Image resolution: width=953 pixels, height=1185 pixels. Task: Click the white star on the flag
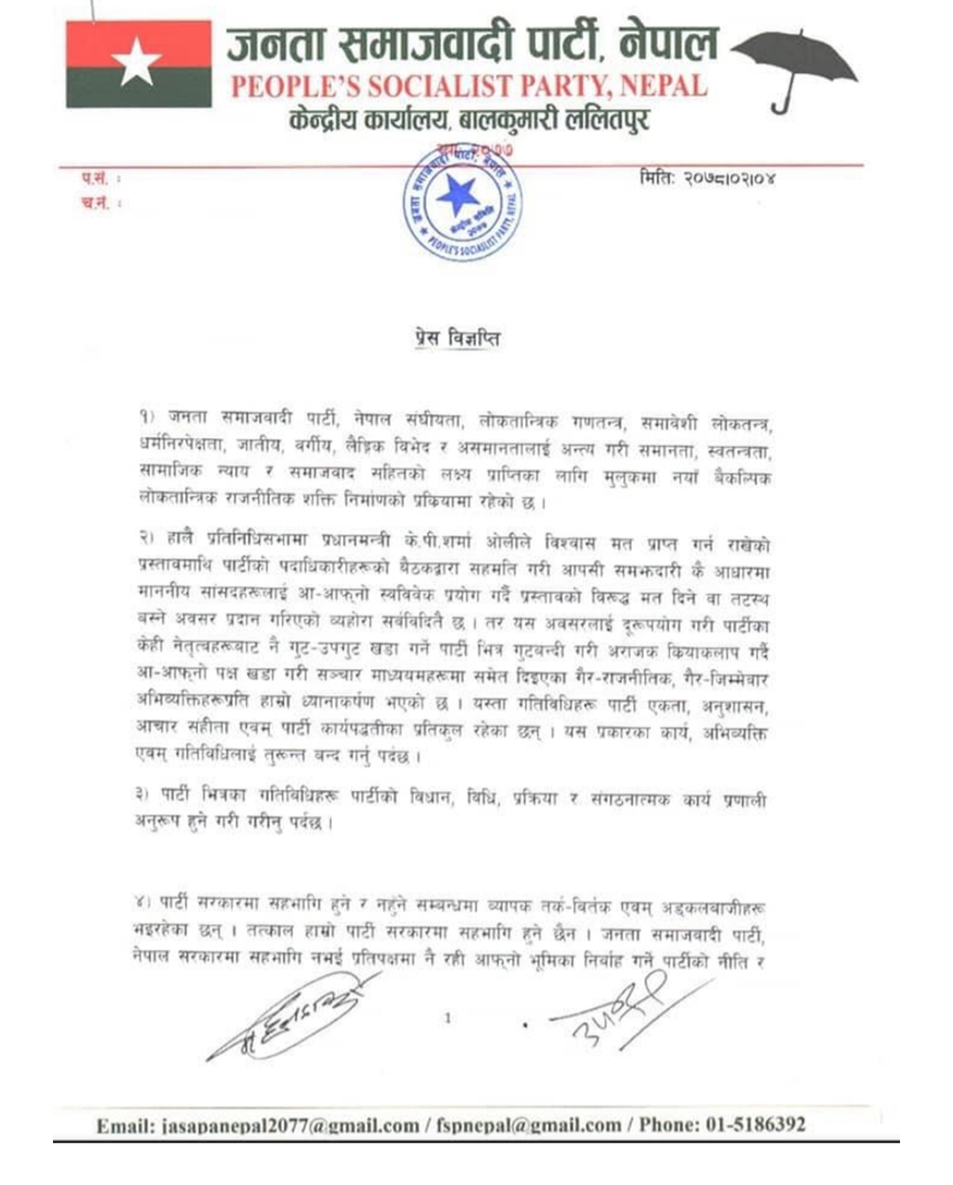(138, 64)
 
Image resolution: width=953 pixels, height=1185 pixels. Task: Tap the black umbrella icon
(794, 66)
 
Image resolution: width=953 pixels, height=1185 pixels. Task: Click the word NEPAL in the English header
(664, 86)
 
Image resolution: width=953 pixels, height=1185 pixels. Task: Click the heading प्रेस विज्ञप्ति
(457, 339)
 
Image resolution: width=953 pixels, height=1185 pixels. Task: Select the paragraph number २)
(146, 538)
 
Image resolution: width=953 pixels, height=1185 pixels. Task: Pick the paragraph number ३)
(143, 794)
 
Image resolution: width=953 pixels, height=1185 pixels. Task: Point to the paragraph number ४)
(143, 902)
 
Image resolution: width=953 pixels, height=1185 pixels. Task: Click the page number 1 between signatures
(447, 1018)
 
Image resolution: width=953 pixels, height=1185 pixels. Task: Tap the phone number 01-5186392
(755, 1125)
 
